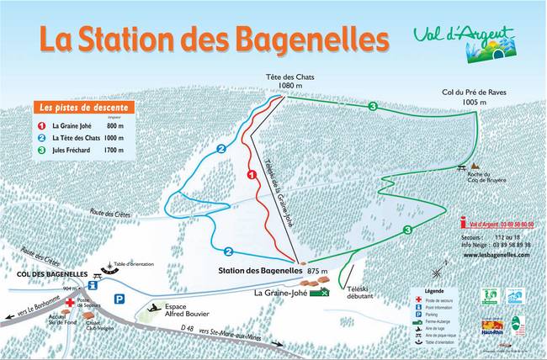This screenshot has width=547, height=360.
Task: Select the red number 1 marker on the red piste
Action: (x=251, y=174)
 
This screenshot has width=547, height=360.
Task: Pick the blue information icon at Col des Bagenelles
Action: (x=104, y=285)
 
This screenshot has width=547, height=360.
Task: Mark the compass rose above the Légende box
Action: (x=437, y=272)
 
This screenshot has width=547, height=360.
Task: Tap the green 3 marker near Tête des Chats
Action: (x=372, y=106)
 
